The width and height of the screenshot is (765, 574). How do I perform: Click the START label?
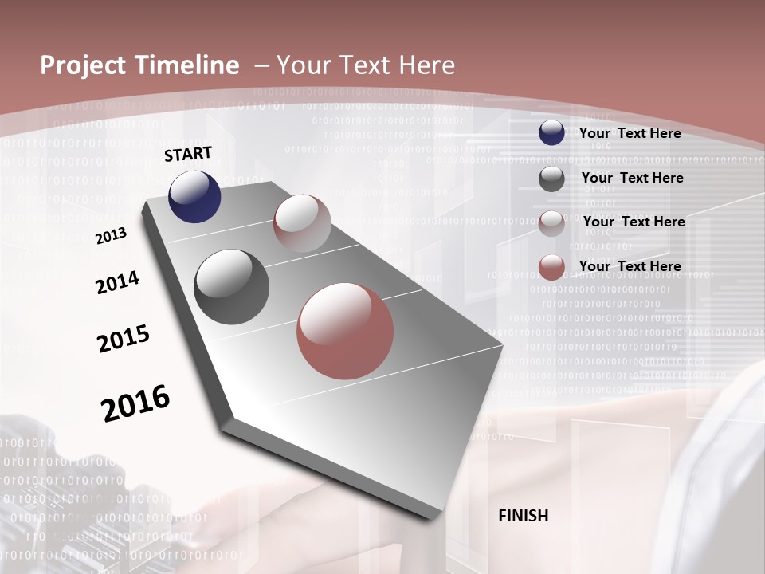tap(188, 154)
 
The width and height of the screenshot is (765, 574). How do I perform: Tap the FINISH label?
tap(523, 516)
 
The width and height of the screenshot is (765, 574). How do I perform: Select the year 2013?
tap(111, 236)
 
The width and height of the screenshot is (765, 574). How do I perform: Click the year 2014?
tap(117, 283)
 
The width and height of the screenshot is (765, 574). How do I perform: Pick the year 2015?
tap(124, 338)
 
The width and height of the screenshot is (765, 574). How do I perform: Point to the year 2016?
tap(135, 403)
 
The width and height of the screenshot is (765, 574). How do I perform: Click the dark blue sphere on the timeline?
tap(194, 197)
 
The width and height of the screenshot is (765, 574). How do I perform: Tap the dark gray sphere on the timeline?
tap(231, 287)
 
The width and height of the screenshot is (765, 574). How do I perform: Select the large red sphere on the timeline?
tap(345, 331)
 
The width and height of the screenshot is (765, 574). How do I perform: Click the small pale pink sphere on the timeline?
tap(302, 223)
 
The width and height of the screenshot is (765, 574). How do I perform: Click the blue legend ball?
tap(551, 133)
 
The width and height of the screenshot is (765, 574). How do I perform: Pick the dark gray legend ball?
tap(551, 179)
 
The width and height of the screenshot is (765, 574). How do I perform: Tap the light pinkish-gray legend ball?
tap(551, 223)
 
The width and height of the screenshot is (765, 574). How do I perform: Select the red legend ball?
tap(551, 267)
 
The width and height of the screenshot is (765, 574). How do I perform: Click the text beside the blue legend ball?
tap(630, 133)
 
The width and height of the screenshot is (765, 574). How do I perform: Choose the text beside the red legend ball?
tap(630, 266)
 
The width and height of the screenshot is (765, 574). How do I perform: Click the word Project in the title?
tap(79, 65)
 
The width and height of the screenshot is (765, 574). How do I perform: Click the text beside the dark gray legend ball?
tap(632, 178)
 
